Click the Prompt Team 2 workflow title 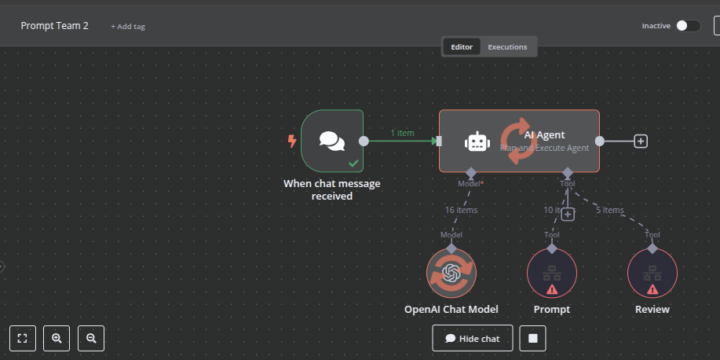click(x=54, y=26)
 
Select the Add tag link click(x=128, y=26)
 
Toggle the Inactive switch click(x=687, y=26)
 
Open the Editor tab click(x=462, y=47)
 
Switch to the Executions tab click(x=507, y=47)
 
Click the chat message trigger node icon click(x=332, y=141)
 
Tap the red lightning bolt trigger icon click(x=292, y=141)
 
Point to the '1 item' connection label click(x=402, y=133)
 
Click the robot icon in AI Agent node click(x=476, y=142)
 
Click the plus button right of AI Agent click(x=641, y=141)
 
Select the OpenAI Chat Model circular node click(x=451, y=273)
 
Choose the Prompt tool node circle click(x=552, y=273)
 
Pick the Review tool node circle click(x=652, y=273)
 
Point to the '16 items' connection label click(x=461, y=210)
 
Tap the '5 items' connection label click(x=610, y=210)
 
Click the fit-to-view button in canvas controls click(x=23, y=338)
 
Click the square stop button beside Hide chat click(x=534, y=338)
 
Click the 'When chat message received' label click(x=332, y=190)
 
